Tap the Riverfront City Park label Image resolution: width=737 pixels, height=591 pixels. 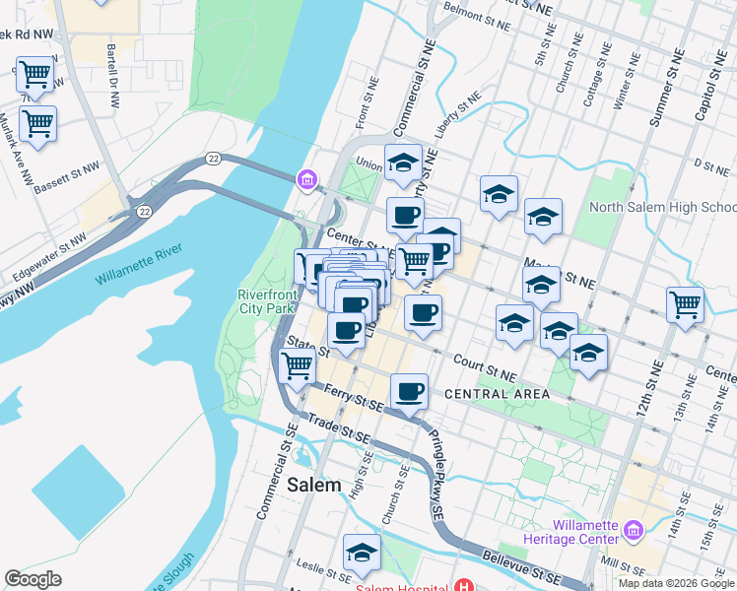(266, 301)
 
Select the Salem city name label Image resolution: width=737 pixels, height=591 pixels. (314, 485)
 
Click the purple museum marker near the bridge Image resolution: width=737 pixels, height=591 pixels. (306, 179)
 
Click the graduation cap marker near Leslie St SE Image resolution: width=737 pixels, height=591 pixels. (362, 553)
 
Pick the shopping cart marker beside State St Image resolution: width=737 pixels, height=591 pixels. (297, 364)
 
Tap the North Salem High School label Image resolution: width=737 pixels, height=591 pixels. (662, 207)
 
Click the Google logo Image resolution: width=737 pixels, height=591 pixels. (33, 578)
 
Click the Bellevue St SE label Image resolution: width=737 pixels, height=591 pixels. (529, 572)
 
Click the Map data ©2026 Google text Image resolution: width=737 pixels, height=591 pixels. (675, 583)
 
